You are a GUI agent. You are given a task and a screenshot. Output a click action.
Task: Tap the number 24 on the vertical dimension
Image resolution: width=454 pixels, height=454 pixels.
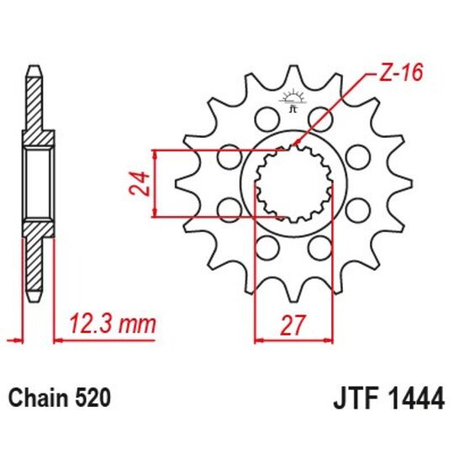[x=142, y=182]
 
